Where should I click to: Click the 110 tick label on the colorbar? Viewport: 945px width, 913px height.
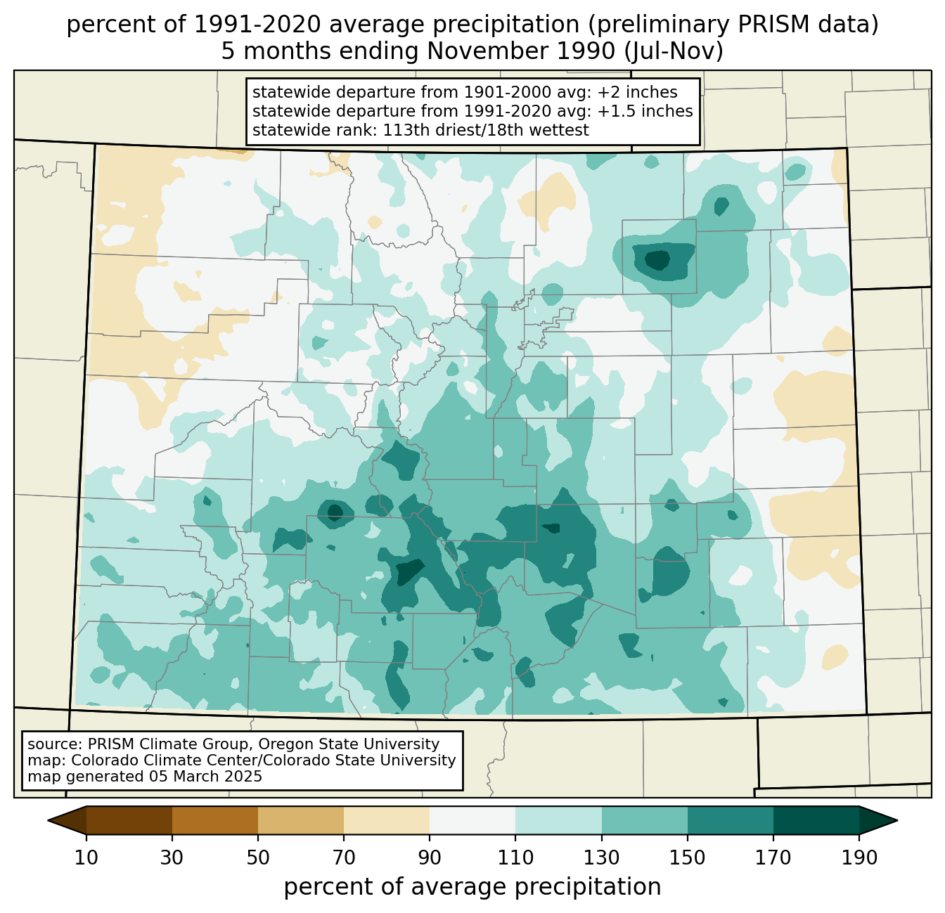click(515, 857)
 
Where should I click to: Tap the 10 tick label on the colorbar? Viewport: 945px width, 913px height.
click(86, 857)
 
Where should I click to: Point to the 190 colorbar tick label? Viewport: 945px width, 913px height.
click(859, 857)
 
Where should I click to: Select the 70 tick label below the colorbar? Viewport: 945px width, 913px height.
click(344, 857)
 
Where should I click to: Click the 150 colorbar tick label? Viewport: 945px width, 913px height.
click(687, 857)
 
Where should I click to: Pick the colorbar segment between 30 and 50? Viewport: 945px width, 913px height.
click(214, 820)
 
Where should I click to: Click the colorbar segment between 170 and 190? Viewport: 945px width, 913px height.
click(816, 820)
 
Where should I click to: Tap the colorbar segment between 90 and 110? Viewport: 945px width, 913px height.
click(472, 820)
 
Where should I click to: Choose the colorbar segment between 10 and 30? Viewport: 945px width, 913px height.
click(129, 820)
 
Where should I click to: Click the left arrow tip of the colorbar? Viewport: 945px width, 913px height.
click(48, 820)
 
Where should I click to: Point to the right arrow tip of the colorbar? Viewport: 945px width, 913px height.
click(897, 820)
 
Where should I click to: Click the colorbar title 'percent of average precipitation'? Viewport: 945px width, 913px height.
click(472, 887)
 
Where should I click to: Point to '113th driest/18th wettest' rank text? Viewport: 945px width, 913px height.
click(486, 130)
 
